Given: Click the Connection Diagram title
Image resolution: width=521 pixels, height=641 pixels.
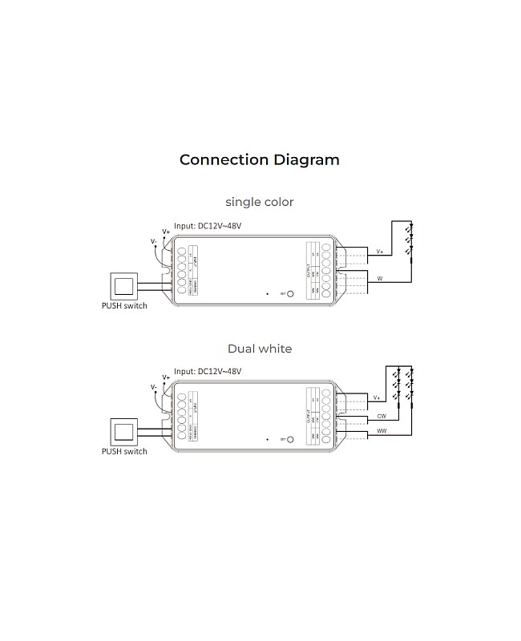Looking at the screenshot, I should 259,159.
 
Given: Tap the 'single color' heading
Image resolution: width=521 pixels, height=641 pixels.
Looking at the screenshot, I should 259,202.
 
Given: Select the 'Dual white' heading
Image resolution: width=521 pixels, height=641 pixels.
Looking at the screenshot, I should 259,349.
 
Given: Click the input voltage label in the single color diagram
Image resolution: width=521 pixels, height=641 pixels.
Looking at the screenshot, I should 208,226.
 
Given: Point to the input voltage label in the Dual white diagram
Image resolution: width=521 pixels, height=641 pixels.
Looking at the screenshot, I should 208,372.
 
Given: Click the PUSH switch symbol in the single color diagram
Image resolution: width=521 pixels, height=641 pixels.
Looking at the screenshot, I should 123,285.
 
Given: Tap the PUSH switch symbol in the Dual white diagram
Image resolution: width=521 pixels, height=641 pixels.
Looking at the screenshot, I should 123,431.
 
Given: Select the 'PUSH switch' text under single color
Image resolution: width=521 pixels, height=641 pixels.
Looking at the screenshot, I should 124,305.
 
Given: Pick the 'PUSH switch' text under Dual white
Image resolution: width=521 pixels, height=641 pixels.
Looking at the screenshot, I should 124,451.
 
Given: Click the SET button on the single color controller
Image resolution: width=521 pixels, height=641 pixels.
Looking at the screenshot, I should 290,294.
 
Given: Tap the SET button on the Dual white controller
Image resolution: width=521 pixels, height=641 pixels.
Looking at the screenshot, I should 290,440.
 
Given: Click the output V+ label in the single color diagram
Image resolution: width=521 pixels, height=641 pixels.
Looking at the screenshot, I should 379,252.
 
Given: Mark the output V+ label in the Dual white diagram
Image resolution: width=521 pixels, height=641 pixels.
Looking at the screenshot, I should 378,397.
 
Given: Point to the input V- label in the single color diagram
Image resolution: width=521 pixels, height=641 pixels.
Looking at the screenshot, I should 154,241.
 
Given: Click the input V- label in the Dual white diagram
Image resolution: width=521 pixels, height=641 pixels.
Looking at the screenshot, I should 154,387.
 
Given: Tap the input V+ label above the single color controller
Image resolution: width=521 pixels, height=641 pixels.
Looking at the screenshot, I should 166,231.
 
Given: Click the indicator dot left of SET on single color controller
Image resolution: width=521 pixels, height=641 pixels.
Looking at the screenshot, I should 268,294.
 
